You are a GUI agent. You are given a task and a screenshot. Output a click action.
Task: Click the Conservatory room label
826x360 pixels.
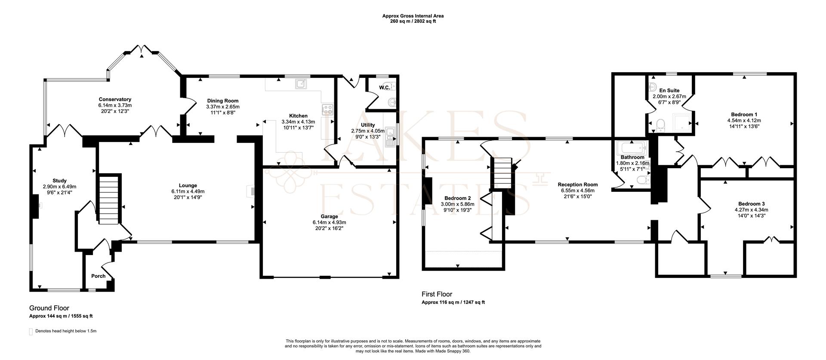coord(115,99)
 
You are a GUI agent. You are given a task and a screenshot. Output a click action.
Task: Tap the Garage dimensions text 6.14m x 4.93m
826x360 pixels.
coord(329,222)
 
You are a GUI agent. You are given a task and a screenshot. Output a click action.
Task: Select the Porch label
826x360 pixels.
coord(98,276)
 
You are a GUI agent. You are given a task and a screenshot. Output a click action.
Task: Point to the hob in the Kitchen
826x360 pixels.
coord(327,109)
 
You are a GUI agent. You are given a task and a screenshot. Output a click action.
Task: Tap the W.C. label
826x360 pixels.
coord(384,88)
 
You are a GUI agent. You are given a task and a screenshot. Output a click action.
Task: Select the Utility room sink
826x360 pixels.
coord(391,137)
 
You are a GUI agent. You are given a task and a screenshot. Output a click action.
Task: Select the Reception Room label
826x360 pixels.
coord(579,185)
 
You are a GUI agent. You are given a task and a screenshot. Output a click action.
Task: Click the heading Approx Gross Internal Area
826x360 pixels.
coord(413,16)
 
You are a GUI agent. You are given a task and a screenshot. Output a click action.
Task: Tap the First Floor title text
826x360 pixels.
coord(437,294)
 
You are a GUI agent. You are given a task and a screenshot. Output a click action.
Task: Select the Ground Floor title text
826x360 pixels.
coord(49,308)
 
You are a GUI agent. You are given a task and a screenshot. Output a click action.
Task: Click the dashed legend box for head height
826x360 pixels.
coord(31,332)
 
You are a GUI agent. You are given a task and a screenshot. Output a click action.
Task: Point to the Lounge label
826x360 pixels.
coord(188,186)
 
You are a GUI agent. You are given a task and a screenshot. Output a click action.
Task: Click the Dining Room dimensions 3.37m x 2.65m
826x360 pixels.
coord(222,107)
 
